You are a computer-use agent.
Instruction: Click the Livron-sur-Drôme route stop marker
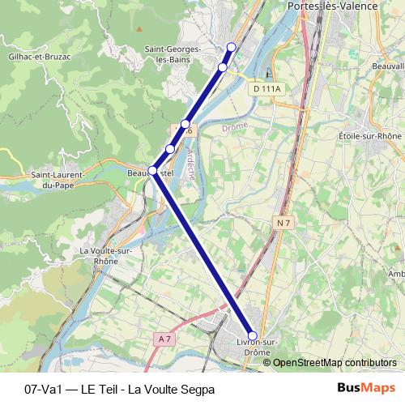(252, 335)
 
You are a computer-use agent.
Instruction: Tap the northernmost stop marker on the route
(232, 47)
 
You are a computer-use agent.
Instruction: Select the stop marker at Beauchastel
(152, 170)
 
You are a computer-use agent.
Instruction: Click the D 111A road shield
(266, 88)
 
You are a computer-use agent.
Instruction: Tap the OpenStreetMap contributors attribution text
(335, 362)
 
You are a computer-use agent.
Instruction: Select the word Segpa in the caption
(197, 389)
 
